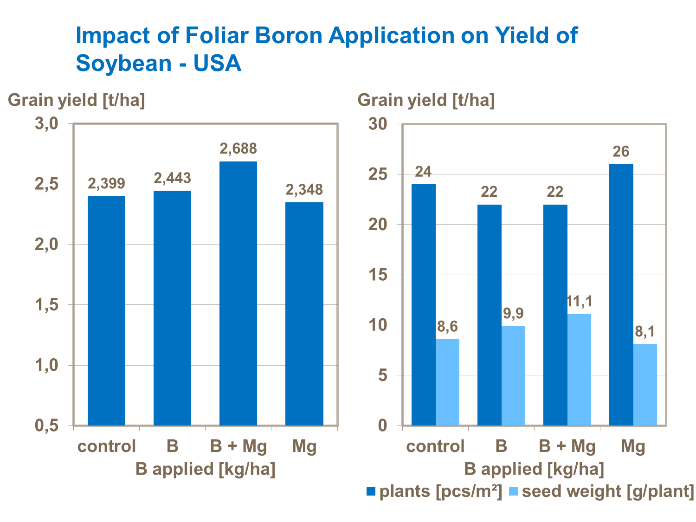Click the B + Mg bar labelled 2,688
coord(238,293)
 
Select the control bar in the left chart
coord(106,310)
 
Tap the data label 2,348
coord(304,190)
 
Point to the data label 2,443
coord(173,178)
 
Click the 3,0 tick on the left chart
coord(46,124)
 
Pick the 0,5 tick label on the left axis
coord(46,425)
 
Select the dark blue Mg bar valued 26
coord(621,295)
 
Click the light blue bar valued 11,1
coord(579,369)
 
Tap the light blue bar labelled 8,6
coord(447,382)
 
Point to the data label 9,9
coord(513,314)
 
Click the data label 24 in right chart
coord(423,172)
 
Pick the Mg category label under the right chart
coord(633,446)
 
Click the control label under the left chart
coord(106,446)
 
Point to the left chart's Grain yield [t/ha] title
coord(77,100)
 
